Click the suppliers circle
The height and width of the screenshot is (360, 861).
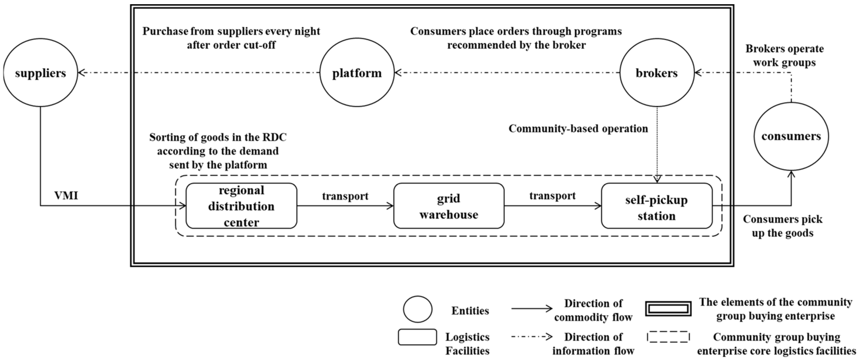click(x=40, y=73)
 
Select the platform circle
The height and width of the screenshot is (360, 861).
click(x=357, y=73)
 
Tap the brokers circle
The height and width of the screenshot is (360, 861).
click(x=657, y=73)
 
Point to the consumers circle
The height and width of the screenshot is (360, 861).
click(x=791, y=136)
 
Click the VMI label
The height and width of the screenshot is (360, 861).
click(x=66, y=196)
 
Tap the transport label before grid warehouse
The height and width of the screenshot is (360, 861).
click(x=345, y=196)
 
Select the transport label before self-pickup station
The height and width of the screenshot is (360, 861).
click(x=552, y=196)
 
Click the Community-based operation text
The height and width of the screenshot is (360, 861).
click(x=578, y=129)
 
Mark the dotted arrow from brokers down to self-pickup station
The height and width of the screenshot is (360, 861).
click(x=657, y=144)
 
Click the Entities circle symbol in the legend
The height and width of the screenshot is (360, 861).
click(x=418, y=309)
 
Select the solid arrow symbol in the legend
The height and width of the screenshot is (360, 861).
click(x=532, y=309)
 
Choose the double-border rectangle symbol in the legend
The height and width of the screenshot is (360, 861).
click(x=668, y=309)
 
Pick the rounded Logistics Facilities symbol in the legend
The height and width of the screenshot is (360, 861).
click(x=417, y=337)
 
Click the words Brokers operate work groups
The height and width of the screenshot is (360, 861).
click(x=784, y=56)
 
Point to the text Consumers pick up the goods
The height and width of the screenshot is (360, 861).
click(x=782, y=226)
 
